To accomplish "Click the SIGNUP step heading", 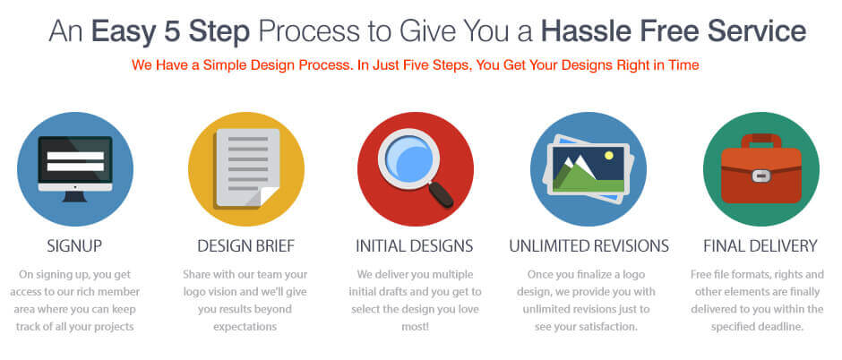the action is (x=74, y=245).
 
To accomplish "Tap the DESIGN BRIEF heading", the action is (x=246, y=245).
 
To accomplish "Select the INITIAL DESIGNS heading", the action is (x=415, y=245).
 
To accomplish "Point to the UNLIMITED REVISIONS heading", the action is (x=589, y=245).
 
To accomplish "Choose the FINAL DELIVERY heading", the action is (x=760, y=245).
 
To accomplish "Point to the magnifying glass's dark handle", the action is (x=442, y=194).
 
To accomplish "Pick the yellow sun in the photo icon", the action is (x=608, y=156).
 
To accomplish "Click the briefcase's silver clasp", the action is (x=758, y=176).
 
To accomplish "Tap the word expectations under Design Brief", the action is (x=245, y=327).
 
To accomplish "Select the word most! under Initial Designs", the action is (x=415, y=326).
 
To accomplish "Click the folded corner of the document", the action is (x=269, y=197).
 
